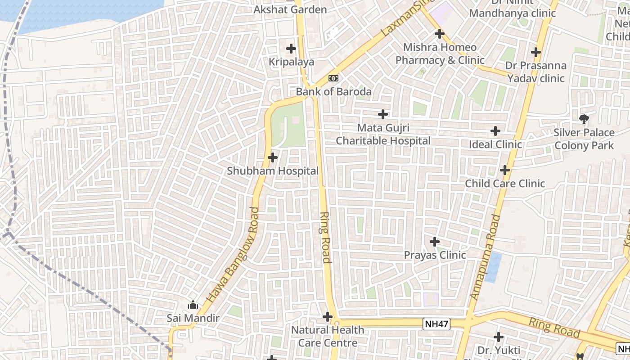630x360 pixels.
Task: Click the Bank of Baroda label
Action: (333, 92)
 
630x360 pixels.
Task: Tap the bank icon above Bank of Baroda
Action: (333, 78)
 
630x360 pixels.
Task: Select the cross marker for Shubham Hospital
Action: (273, 157)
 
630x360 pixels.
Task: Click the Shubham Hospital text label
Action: (273, 171)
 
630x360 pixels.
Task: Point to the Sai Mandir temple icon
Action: (193, 305)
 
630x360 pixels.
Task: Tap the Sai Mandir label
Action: (193, 318)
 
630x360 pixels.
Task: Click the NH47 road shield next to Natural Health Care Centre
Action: (436, 324)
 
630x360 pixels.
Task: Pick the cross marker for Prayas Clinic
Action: (434, 242)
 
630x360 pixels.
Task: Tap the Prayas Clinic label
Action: (435, 255)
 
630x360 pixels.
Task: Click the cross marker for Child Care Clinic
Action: (505, 170)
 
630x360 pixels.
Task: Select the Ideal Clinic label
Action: (495, 144)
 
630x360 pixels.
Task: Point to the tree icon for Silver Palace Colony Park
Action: (584, 119)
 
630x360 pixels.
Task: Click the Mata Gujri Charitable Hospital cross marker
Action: (383, 114)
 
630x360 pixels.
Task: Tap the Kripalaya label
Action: (291, 62)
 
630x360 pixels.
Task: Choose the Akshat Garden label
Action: (290, 9)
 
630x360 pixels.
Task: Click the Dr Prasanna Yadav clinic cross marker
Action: (535, 52)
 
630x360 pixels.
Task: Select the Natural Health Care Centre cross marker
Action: (328, 317)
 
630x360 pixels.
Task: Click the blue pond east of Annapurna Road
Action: (493, 267)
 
